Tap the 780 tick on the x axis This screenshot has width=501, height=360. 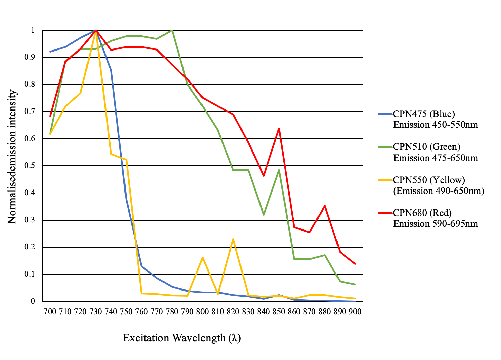click(172, 312)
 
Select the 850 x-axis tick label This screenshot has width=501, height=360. click(279, 312)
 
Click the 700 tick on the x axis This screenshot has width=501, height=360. click(50, 312)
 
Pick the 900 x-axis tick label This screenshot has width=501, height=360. click(355, 312)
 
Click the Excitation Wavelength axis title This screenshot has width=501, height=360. click(182, 338)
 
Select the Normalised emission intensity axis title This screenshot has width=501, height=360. click(12, 157)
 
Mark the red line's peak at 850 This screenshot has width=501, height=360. click(279, 128)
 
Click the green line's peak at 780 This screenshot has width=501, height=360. click(172, 30)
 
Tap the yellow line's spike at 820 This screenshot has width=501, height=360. click(233, 239)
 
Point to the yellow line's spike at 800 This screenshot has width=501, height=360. click(203, 258)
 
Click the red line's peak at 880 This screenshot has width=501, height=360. click(325, 206)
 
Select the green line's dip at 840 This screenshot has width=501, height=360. click(264, 215)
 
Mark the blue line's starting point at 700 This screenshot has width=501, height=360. click(50, 52)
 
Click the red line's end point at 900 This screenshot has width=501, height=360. click(355, 264)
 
